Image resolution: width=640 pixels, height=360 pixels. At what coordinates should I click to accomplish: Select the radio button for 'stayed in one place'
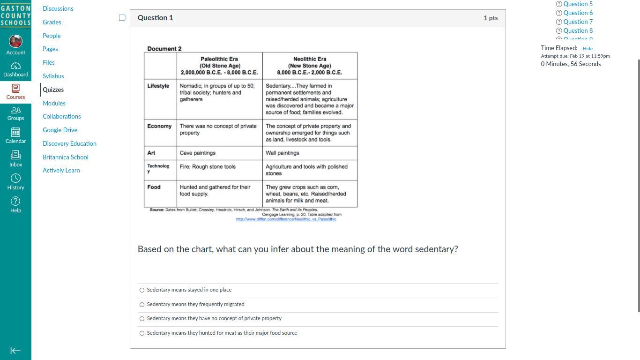pos(142,290)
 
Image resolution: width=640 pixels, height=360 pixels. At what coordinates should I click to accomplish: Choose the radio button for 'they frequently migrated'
pos(142,305)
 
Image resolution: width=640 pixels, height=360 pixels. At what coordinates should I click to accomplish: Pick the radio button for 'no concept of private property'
pos(142,319)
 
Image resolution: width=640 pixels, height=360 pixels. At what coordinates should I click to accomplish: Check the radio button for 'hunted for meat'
pos(142,333)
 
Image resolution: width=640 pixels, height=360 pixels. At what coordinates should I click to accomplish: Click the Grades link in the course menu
pos(52,22)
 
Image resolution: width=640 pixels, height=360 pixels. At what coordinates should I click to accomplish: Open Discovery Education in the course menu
pos(69,143)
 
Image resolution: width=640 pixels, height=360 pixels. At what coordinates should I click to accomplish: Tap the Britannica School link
pos(66,157)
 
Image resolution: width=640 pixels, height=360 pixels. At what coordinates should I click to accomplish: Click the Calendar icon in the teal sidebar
pos(15,132)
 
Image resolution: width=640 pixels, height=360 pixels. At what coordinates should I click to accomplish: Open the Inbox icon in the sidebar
pos(15,155)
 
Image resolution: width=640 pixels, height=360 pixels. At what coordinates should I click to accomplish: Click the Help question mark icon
pos(15,201)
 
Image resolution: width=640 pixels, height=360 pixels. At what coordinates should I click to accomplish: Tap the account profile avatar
pos(15,41)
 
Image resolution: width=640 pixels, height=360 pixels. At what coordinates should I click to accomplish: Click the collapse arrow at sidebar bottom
pos(15,351)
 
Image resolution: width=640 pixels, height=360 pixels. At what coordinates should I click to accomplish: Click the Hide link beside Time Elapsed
pos(588,48)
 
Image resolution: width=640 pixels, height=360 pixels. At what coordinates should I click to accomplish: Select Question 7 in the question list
pos(578,22)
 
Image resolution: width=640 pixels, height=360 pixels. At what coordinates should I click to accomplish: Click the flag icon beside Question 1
pos(123,18)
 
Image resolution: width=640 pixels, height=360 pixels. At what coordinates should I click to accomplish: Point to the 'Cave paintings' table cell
pos(198,153)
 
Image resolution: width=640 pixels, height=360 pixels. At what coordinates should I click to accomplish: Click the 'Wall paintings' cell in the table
pos(283,153)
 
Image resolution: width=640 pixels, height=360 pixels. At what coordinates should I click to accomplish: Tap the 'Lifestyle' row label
pos(158,86)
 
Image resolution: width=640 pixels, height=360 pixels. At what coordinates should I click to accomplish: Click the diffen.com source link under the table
pos(286,219)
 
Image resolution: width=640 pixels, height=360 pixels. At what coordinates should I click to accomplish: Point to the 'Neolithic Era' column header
pos(310,59)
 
